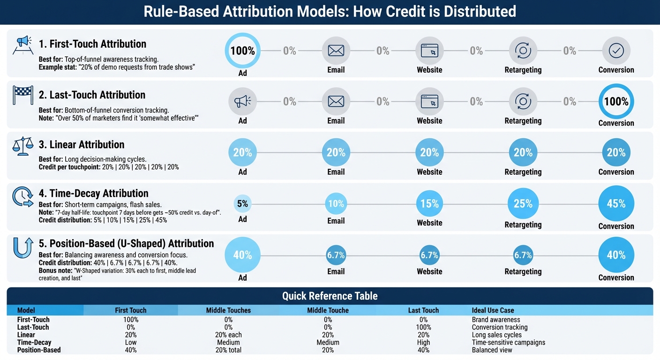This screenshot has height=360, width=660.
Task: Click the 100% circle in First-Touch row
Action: (242, 51)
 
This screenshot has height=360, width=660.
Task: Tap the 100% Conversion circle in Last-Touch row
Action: (616, 101)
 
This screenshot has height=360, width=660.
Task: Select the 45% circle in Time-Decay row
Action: (616, 203)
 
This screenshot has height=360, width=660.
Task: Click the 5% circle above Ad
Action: (242, 203)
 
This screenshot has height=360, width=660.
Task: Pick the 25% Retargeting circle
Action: (523, 203)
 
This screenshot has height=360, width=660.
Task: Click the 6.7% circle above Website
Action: (429, 255)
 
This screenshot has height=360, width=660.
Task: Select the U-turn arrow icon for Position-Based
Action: (23, 247)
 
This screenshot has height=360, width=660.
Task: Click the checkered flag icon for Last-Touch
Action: (22, 95)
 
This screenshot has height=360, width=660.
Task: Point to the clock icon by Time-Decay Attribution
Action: (22, 197)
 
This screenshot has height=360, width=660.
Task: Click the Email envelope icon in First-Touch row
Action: (336, 51)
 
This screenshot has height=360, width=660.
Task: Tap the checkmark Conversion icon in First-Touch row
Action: (616, 51)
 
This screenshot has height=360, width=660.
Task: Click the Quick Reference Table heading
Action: (330, 296)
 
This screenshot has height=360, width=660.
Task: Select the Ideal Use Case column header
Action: (493, 310)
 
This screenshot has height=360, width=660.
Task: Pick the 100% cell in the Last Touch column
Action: (423, 327)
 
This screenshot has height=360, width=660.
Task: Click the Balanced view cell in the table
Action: (492, 350)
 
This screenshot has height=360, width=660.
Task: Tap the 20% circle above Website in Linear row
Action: (429, 152)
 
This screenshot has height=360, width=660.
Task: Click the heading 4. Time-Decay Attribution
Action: (93, 193)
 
